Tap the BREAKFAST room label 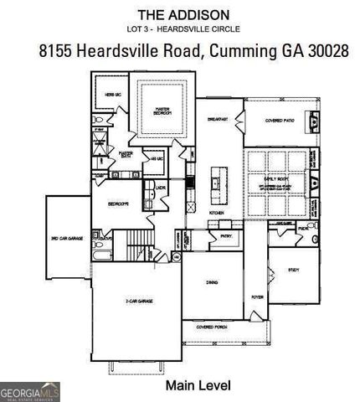point(219,120)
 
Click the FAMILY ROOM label point(275,178)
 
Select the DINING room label point(213,283)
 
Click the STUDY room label point(293,271)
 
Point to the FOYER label point(257,296)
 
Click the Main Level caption point(198,384)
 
